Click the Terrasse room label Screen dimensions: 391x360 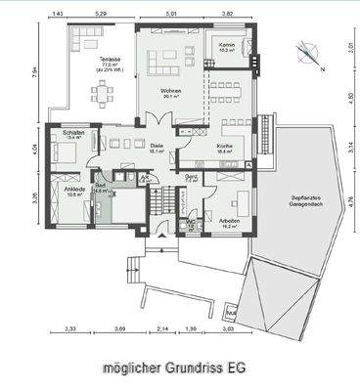99,63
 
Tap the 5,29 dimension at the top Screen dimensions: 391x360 100,15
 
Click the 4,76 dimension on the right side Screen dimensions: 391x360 351,204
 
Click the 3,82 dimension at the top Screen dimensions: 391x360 227,15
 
